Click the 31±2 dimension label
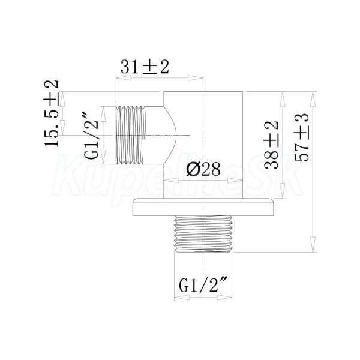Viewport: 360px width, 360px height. coord(145,67)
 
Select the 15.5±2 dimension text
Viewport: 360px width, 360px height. coord(52,113)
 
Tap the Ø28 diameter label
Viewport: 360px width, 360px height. coord(203,169)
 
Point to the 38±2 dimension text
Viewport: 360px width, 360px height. coord(271,145)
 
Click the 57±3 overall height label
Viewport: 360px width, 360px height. coord(302,137)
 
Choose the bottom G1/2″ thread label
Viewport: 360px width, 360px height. coord(203,285)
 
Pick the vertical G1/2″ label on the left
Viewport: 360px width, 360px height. coord(91,135)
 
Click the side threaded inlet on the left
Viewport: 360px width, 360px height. coord(130,135)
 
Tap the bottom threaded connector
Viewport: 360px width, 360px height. coord(203,234)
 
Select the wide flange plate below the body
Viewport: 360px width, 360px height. coord(203,207)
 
